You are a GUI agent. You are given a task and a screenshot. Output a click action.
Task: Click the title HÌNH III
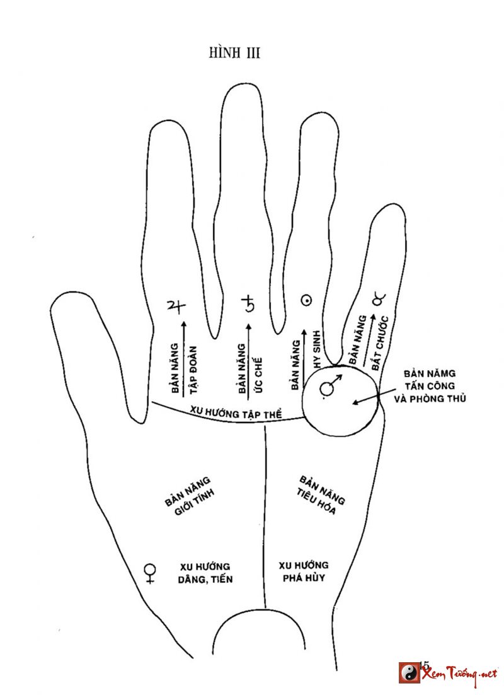click(x=234, y=53)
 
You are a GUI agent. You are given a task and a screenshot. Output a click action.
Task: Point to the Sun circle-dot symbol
click(x=307, y=301)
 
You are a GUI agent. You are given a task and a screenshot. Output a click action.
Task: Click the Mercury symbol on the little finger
click(x=377, y=300)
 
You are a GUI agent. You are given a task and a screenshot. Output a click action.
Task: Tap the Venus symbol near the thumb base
click(x=150, y=573)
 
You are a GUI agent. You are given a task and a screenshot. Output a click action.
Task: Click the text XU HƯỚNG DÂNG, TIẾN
click(x=205, y=572)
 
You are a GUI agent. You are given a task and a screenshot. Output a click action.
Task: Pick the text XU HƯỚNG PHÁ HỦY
click(x=303, y=571)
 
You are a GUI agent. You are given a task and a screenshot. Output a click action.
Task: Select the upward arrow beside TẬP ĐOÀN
click(x=183, y=354)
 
